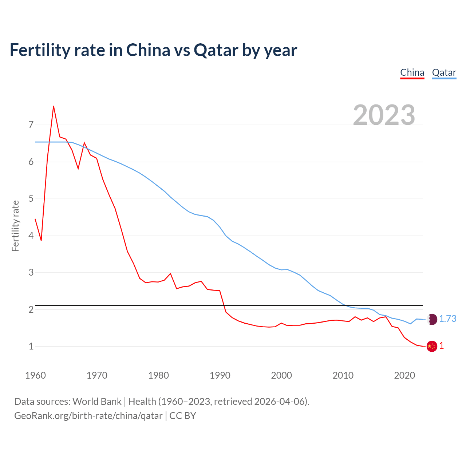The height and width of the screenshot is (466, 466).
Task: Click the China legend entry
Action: point(412,72)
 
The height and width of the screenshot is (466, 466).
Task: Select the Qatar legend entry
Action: point(444,72)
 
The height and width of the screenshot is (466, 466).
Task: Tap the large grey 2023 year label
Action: point(384,115)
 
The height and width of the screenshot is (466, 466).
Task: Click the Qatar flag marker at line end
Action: point(432,319)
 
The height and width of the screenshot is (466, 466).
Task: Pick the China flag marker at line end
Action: point(432,346)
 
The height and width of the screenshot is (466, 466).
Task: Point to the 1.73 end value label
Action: point(447,319)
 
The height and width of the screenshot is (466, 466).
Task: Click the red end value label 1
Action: point(442,346)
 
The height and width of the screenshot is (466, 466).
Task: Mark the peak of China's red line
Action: point(54,106)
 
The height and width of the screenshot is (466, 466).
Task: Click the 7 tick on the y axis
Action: point(31,125)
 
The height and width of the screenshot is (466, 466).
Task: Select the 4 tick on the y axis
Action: point(31,236)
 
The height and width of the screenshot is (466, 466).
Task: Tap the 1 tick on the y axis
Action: point(31,346)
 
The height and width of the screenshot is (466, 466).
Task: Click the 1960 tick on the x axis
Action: point(35,375)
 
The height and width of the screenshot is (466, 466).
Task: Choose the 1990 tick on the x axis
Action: point(220,375)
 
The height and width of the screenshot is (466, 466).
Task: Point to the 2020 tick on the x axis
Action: point(404,375)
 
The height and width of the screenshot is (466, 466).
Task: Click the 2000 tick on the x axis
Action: point(281,375)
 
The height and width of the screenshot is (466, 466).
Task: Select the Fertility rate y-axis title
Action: point(15,226)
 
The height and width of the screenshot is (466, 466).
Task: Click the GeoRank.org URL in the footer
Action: point(88,416)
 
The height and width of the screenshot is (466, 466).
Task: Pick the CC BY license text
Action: point(183,416)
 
